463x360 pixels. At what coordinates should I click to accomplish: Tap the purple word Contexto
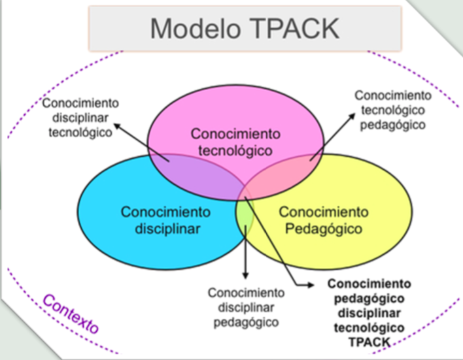click(x=71, y=314)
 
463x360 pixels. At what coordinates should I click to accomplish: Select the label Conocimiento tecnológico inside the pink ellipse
click(x=235, y=142)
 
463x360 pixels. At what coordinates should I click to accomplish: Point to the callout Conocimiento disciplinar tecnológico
click(x=80, y=118)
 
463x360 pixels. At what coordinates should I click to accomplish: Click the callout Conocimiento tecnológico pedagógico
click(x=390, y=109)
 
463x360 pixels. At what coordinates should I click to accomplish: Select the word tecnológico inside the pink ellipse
click(x=235, y=150)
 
